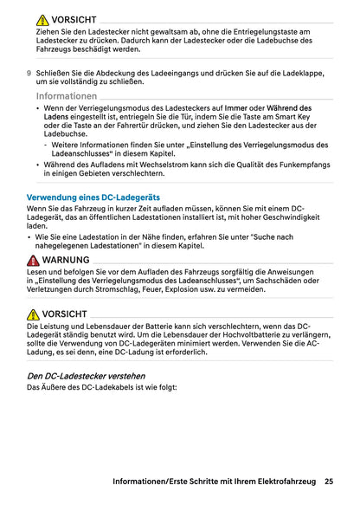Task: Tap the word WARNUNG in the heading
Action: pyautogui.click(x=65, y=260)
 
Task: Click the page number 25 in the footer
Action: pyautogui.click(x=330, y=481)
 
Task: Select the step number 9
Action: pyautogui.click(x=29, y=73)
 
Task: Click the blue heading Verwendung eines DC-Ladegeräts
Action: pyautogui.click(x=93, y=197)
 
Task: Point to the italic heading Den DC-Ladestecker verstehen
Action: pyautogui.click(x=87, y=377)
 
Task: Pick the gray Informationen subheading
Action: pyautogui.click(x=67, y=95)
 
